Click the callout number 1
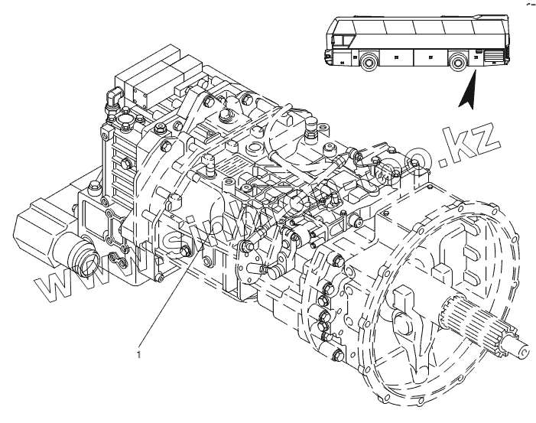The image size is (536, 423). pyautogui.click(x=138, y=354)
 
